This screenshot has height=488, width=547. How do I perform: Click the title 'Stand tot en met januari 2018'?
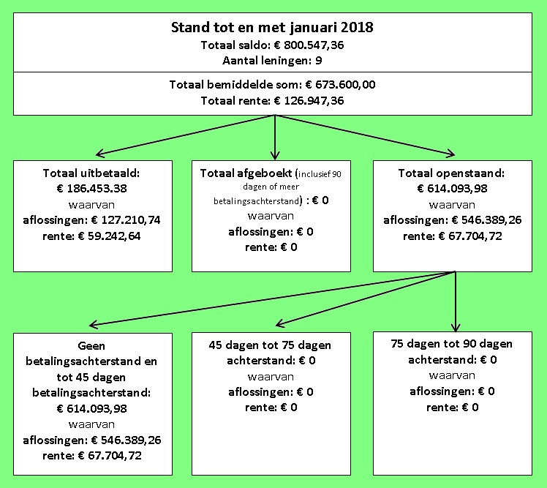pyautogui.click(x=272, y=28)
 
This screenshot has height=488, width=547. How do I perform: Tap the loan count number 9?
pyautogui.click(x=319, y=61)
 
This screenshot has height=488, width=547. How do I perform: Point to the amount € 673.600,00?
pyautogui.click(x=341, y=85)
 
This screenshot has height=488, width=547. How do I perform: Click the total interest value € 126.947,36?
pyautogui.click(x=309, y=101)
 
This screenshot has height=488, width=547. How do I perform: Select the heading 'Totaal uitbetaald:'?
pyautogui.click(x=91, y=173)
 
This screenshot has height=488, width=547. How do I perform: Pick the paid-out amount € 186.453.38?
pyautogui.click(x=91, y=189)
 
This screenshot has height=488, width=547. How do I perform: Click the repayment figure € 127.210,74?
pyautogui.click(x=126, y=220)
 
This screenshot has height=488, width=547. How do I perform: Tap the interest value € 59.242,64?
pyautogui.click(x=109, y=236)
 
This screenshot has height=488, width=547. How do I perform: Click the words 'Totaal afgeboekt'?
pyautogui.click(x=246, y=173)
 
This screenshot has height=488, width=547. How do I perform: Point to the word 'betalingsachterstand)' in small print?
pyautogui.click(x=257, y=200)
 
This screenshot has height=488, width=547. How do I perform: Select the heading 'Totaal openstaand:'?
pyautogui.click(x=451, y=173)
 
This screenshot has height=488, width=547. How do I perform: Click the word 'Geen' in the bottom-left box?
pyautogui.click(x=91, y=346)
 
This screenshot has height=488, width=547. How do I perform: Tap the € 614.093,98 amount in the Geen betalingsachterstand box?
pyautogui.click(x=91, y=409)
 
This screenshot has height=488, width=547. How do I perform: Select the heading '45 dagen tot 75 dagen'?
pyautogui.click(x=270, y=345)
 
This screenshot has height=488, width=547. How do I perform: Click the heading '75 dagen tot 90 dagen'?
pyautogui.click(x=451, y=344)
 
